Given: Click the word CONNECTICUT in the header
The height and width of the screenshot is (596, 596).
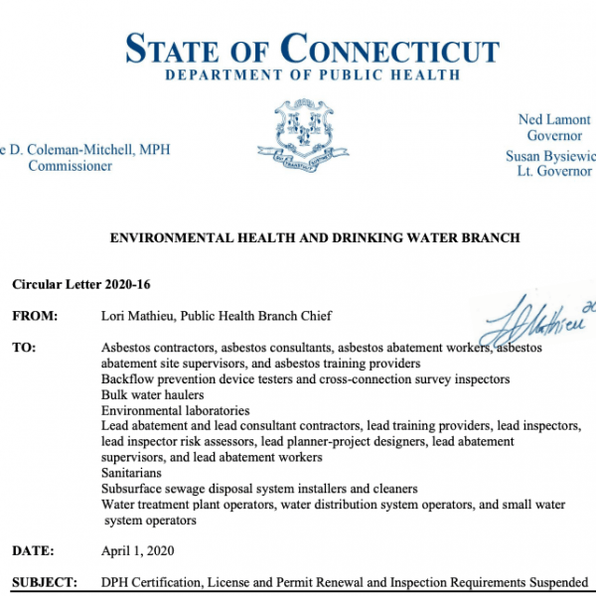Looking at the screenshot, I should (x=389, y=50).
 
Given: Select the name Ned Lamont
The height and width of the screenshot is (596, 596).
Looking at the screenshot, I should (x=553, y=120).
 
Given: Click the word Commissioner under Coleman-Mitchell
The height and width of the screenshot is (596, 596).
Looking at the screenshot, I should (x=70, y=166).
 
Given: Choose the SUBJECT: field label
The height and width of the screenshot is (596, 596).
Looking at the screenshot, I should (x=44, y=582).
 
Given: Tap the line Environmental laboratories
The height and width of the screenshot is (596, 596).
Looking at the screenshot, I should (x=175, y=410).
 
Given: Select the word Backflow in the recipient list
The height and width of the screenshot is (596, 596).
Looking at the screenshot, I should (x=125, y=379).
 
